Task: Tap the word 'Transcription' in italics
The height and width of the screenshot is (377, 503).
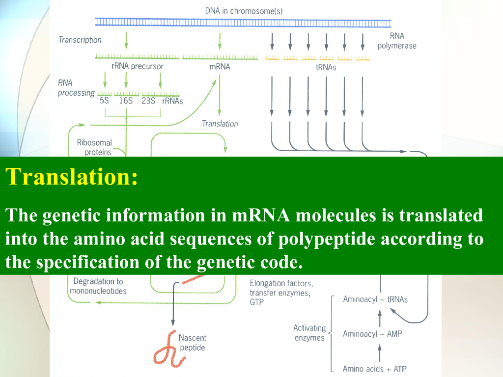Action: (80, 40)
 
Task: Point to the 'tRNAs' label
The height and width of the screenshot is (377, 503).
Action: (326, 67)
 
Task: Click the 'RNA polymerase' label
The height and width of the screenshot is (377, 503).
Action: (396, 41)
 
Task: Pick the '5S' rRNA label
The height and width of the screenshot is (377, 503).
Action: (104, 101)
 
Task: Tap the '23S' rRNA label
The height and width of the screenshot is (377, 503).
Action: (148, 101)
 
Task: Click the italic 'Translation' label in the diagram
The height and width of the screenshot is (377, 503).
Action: (220, 124)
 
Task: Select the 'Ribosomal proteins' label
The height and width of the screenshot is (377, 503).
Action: (95, 147)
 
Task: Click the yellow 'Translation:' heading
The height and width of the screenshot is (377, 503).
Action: (71, 177)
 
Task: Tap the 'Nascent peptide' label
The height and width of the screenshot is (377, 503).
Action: (192, 343)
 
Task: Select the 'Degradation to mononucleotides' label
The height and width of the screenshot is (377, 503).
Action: (98, 286)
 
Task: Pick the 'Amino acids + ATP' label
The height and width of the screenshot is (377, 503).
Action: (374, 369)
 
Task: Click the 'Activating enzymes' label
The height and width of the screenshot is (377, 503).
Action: (309, 333)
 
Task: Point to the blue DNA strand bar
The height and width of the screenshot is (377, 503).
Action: (243, 22)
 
